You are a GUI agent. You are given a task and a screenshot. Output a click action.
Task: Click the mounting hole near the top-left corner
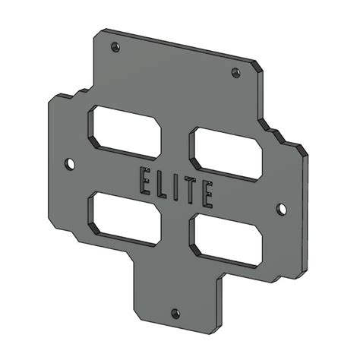click(x=115, y=47)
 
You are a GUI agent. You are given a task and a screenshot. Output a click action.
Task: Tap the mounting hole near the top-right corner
click(x=235, y=73)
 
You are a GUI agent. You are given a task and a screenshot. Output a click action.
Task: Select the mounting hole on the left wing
click(x=70, y=163)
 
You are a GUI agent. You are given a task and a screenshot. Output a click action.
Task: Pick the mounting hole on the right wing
click(x=280, y=208)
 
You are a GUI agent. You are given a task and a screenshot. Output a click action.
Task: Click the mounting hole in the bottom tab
click(x=175, y=313)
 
